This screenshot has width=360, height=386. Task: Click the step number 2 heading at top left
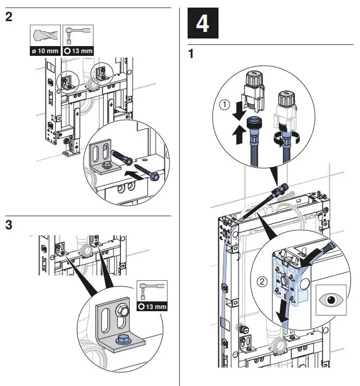pos(9,17)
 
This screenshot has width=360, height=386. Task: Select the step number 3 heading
pos(9,224)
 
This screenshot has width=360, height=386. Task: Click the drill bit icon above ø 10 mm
pos(44,36)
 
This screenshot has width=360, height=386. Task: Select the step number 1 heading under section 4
pos(190,55)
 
